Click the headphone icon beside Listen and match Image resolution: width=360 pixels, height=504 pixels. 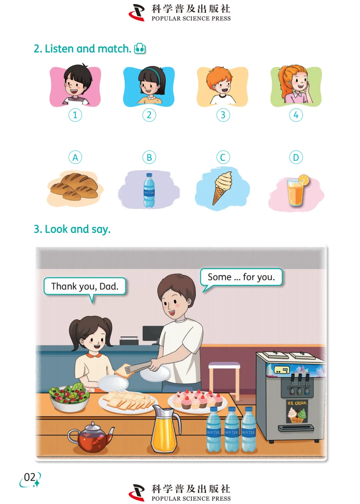pos(140,49)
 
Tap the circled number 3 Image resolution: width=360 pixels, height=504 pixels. pos(223,115)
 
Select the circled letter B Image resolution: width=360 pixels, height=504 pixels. pos(149,157)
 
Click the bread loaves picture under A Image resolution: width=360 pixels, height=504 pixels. pos(75,187)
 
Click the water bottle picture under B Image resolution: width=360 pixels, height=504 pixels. pos(149,190)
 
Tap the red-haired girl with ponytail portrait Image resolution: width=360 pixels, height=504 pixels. pos(296,84)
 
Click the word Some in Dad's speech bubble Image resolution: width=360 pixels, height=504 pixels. pos(219,277)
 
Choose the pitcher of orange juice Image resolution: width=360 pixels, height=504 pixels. pos(166,429)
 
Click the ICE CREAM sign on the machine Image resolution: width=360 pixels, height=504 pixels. pos(297,403)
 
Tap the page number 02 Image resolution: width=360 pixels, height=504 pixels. pos(30,477)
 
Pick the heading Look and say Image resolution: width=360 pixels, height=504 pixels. pos(72,229)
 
